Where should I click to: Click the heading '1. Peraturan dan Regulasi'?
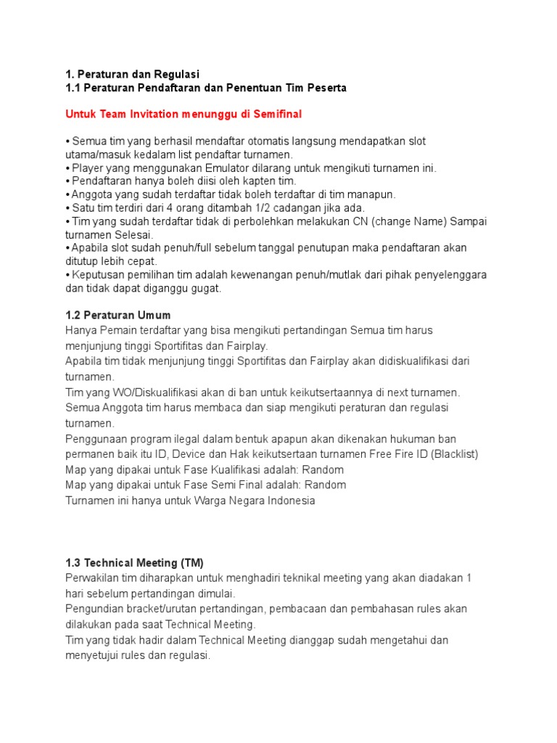(x=132, y=74)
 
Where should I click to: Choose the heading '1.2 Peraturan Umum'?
(x=117, y=315)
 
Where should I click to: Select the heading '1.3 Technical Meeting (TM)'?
(x=134, y=562)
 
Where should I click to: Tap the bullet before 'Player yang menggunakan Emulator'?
(x=67, y=168)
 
